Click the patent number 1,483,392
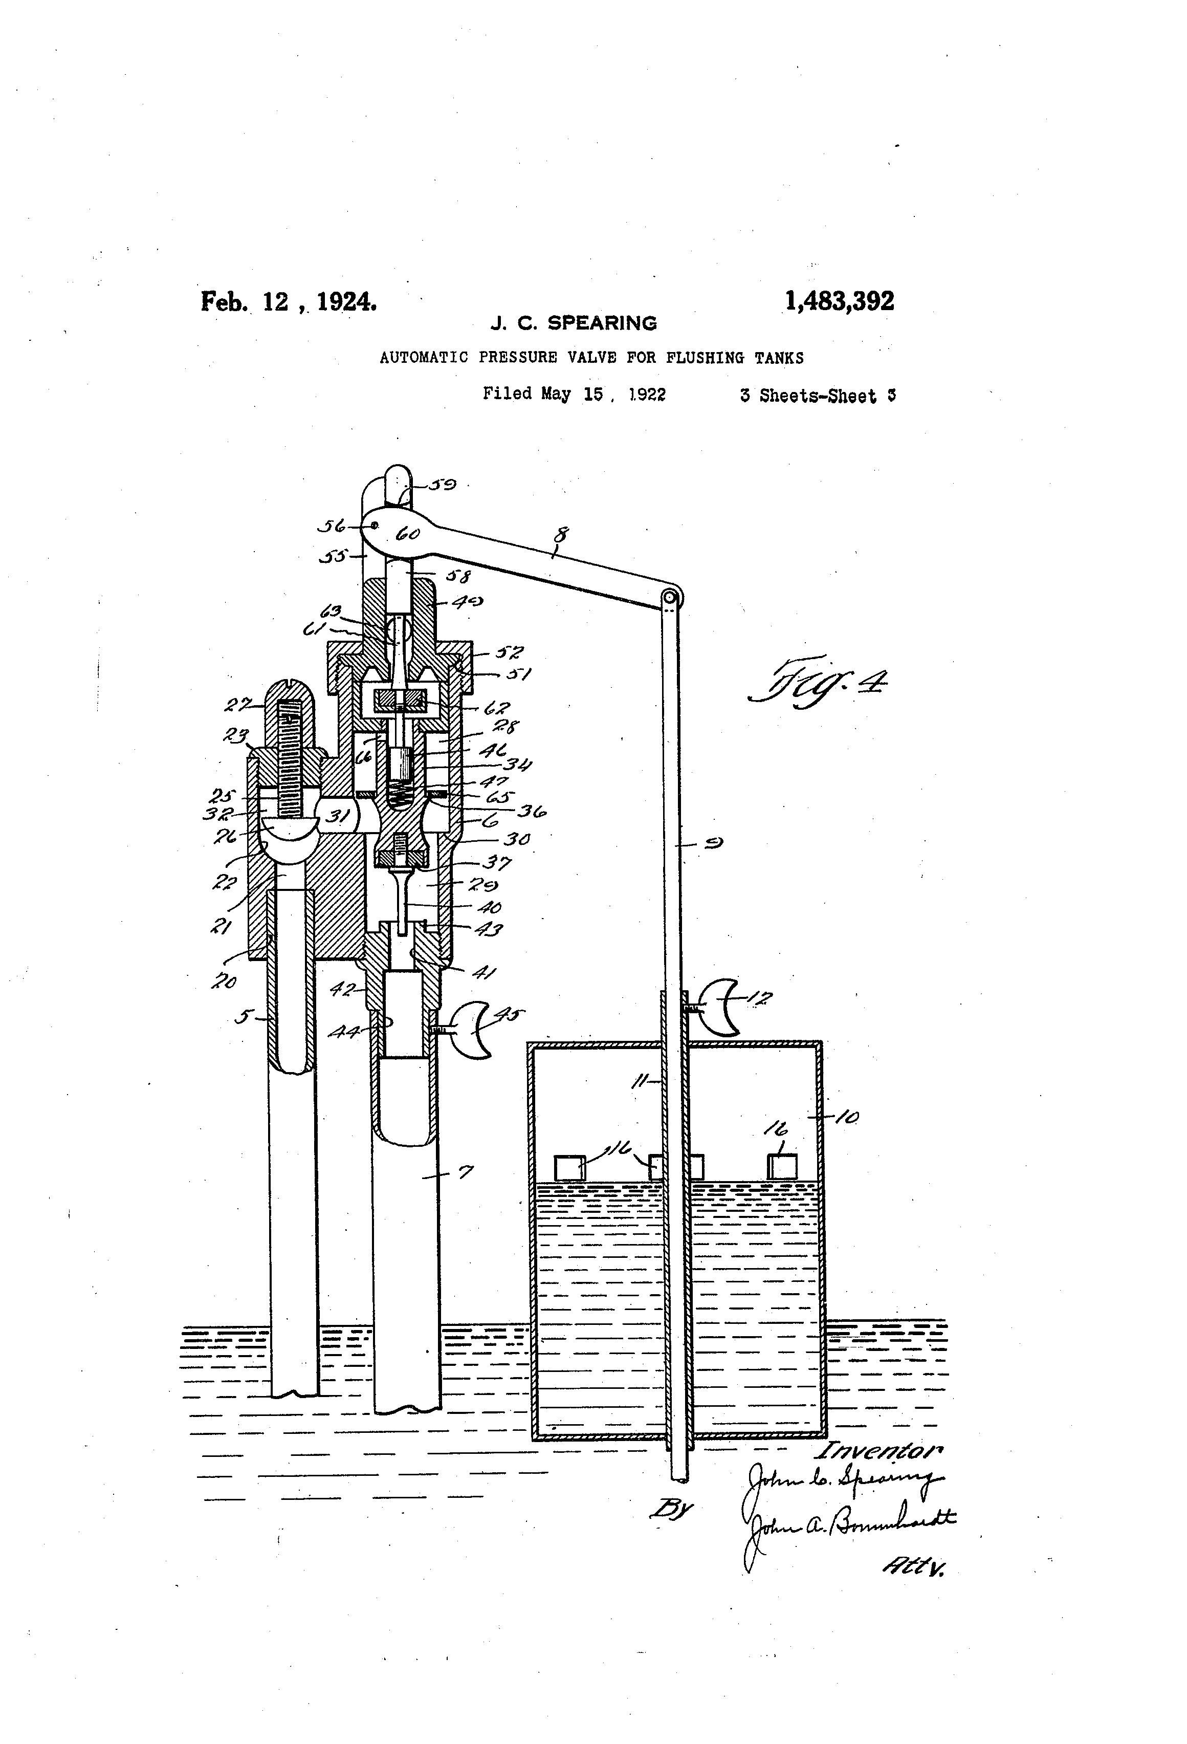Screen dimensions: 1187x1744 tap(839, 302)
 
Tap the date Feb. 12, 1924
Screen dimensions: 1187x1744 tap(288, 302)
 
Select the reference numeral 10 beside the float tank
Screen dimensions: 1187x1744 tap(846, 1118)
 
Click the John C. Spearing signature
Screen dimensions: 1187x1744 tap(840, 1478)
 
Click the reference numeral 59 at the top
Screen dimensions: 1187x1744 tap(443, 485)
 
